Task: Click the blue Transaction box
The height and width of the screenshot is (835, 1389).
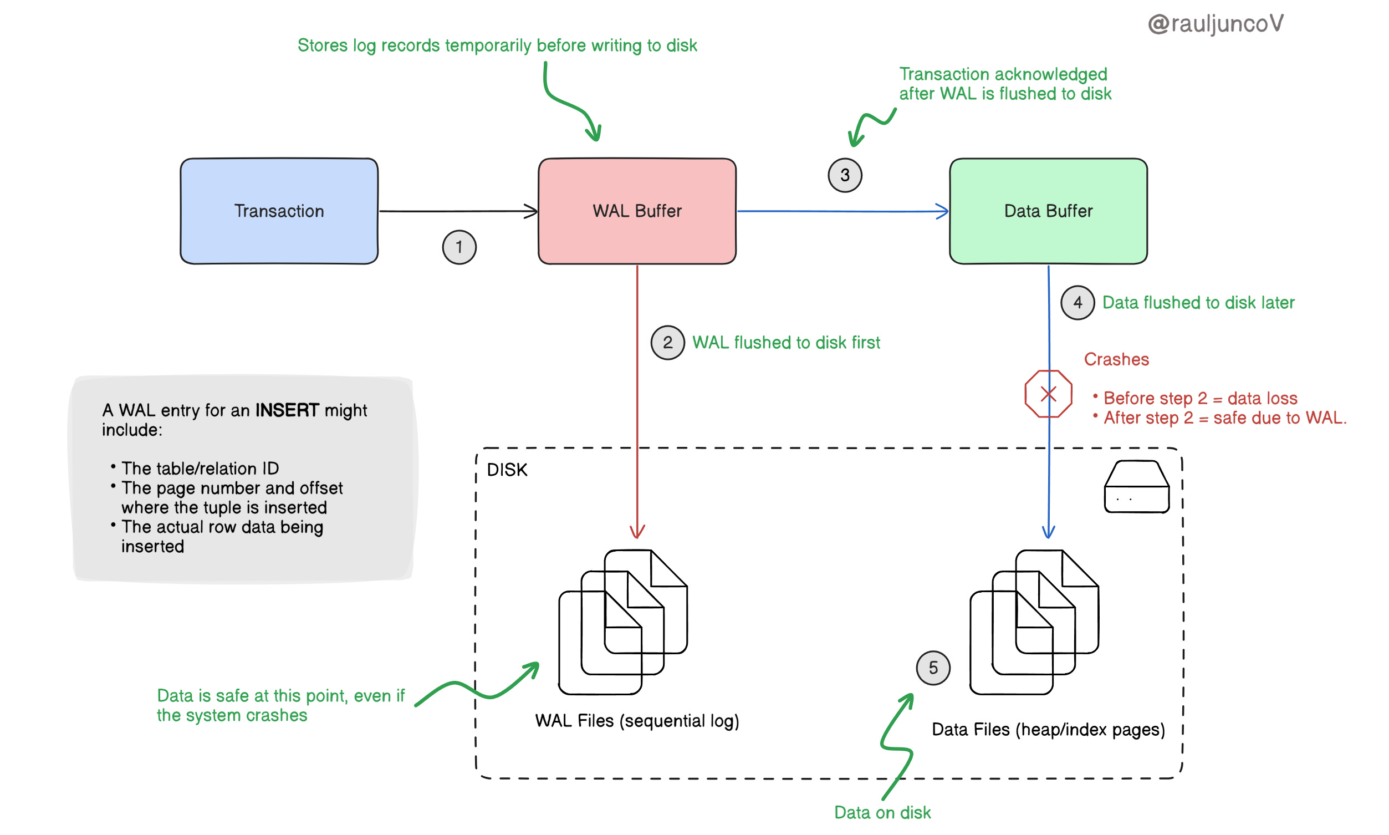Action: (278, 211)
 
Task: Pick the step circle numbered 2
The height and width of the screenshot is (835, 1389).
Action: (667, 342)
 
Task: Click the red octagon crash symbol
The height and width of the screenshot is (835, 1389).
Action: (1047, 393)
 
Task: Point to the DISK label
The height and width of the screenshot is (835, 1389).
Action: (506, 469)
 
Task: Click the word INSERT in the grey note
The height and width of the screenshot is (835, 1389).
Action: (287, 410)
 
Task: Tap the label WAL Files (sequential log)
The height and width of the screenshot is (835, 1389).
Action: (636, 720)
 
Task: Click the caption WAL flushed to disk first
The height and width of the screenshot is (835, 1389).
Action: (785, 342)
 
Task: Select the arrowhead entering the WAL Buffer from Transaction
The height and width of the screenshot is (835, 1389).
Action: (531, 211)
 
